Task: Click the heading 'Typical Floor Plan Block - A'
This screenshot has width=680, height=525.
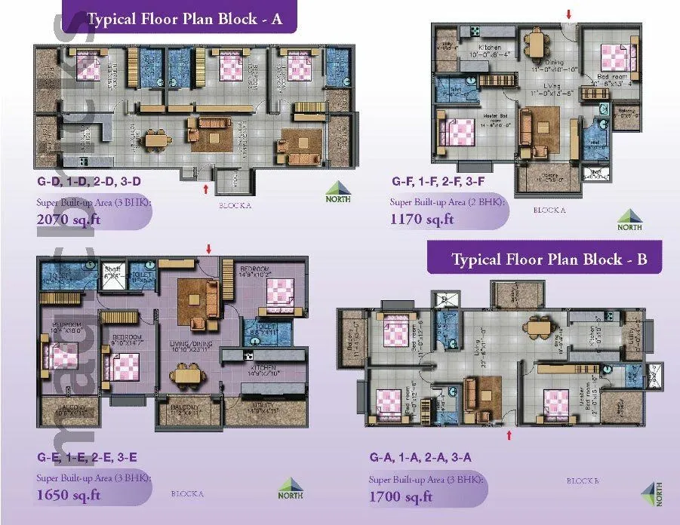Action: click(x=184, y=19)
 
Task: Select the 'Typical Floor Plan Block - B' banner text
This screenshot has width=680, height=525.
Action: click(x=549, y=259)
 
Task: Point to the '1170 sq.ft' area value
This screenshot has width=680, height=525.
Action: click(x=422, y=220)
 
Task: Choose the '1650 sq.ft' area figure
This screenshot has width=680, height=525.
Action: click(x=69, y=495)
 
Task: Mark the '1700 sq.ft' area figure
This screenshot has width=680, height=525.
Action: click(x=401, y=496)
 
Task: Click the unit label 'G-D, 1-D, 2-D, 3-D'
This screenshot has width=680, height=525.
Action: click(x=89, y=182)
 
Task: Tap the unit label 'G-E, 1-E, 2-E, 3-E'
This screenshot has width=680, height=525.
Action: click(x=87, y=457)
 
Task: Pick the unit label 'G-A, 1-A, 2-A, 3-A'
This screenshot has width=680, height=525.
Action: click(x=420, y=458)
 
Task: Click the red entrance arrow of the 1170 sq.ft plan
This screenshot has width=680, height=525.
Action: click(x=569, y=14)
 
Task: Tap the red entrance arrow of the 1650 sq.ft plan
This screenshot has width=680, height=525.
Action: click(x=209, y=249)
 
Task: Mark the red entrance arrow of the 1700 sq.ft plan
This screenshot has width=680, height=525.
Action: click(x=510, y=435)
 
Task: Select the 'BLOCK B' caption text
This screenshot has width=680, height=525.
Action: click(x=582, y=480)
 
